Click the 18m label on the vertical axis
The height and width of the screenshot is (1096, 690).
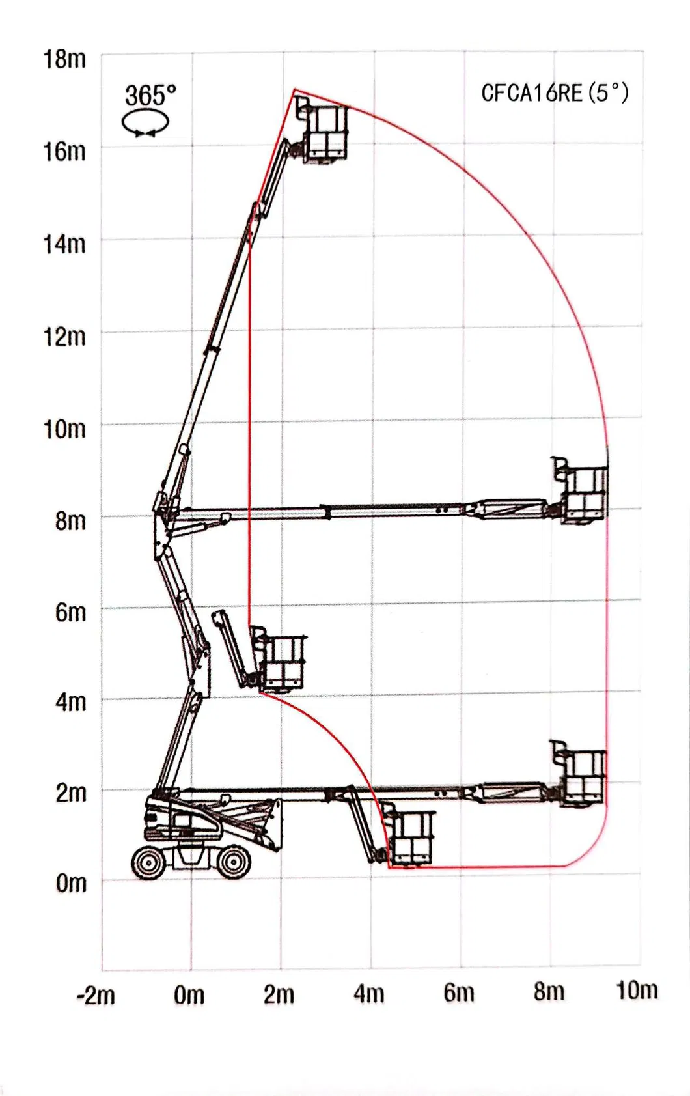(x=64, y=59)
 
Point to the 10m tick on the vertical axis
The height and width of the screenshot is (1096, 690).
(x=64, y=429)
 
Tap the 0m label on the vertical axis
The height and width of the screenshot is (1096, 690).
(x=70, y=883)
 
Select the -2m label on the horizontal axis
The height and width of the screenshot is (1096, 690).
(x=95, y=996)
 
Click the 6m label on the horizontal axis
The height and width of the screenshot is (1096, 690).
(x=459, y=993)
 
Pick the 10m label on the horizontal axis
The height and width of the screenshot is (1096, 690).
(x=637, y=991)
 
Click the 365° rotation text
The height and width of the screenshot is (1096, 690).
(x=150, y=96)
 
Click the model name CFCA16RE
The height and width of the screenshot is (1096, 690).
(x=531, y=93)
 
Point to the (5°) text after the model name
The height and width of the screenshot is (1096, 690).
(x=609, y=93)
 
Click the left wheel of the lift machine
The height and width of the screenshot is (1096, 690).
(x=149, y=862)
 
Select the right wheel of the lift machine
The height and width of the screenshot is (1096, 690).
(x=232, y=862)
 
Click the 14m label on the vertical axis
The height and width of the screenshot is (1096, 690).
(x=64, y=244)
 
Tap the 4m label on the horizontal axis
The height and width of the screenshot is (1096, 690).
(x=368, y=994)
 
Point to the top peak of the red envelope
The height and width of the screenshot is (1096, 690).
(x=294, y=90)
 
